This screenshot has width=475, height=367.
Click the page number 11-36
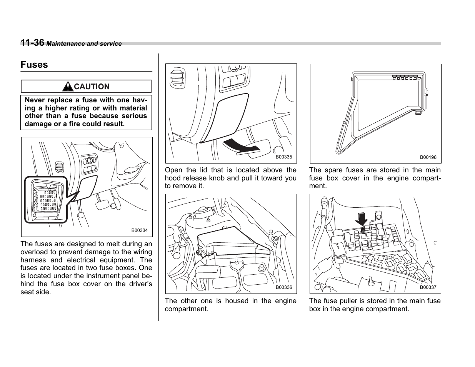pos(33,43)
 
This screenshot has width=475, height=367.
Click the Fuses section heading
pos(34,65)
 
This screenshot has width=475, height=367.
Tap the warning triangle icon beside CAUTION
pos(68,87)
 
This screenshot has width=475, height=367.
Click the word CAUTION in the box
pos(92,87)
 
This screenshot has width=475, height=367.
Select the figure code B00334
pos(139,230)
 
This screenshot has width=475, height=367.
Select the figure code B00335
pos(284,157)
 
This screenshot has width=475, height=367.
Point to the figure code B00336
pos(284,287)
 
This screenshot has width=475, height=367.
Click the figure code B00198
pos(428,157)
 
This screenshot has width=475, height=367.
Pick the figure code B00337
pos(428,287)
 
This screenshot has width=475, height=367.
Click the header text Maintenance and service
pos(84,44)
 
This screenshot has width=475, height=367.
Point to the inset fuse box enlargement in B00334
pos(46,199)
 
